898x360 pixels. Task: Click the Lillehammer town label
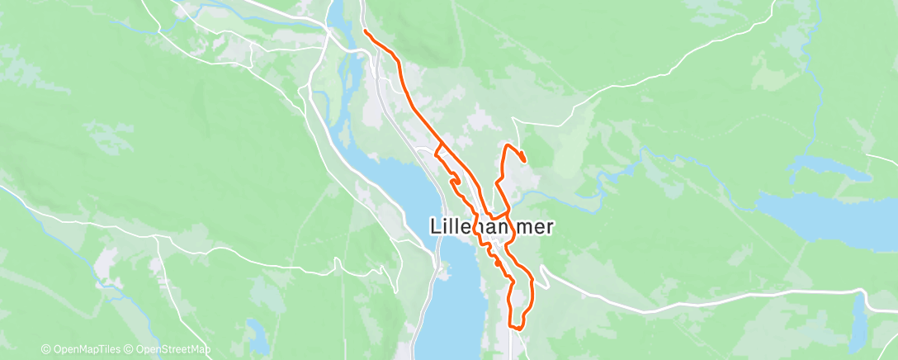[x=492, y=227]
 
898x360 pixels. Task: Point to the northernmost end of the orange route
[x=365, y=31]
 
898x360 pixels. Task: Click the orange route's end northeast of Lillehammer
[x=524, y=160]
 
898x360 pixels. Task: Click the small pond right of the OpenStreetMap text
[x=258, y=334]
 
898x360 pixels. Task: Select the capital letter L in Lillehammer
[x=437, y=227]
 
